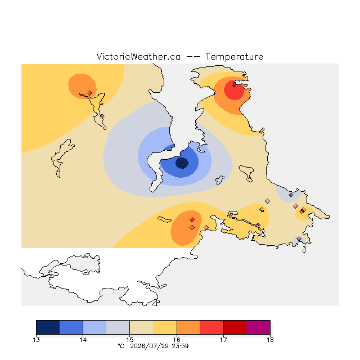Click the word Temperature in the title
[234, 57]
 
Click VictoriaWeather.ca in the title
[138, 57]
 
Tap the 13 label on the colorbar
[36, 340]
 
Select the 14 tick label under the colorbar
[83, 340]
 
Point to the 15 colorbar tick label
[130, 340]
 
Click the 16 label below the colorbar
[177, 340]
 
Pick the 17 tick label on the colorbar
[223, 340]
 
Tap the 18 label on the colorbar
[270, 340]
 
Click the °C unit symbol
[121, 346]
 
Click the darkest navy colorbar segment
[48, 327]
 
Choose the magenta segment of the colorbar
[258, 327]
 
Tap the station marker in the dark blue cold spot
[182, 165]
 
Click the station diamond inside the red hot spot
[234, 85]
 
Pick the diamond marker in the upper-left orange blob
[90, 93]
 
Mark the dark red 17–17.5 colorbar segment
[235, 327]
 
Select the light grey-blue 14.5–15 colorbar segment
[118, 327]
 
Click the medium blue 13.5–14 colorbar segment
[71, 327]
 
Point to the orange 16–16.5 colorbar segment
[188, 327]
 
